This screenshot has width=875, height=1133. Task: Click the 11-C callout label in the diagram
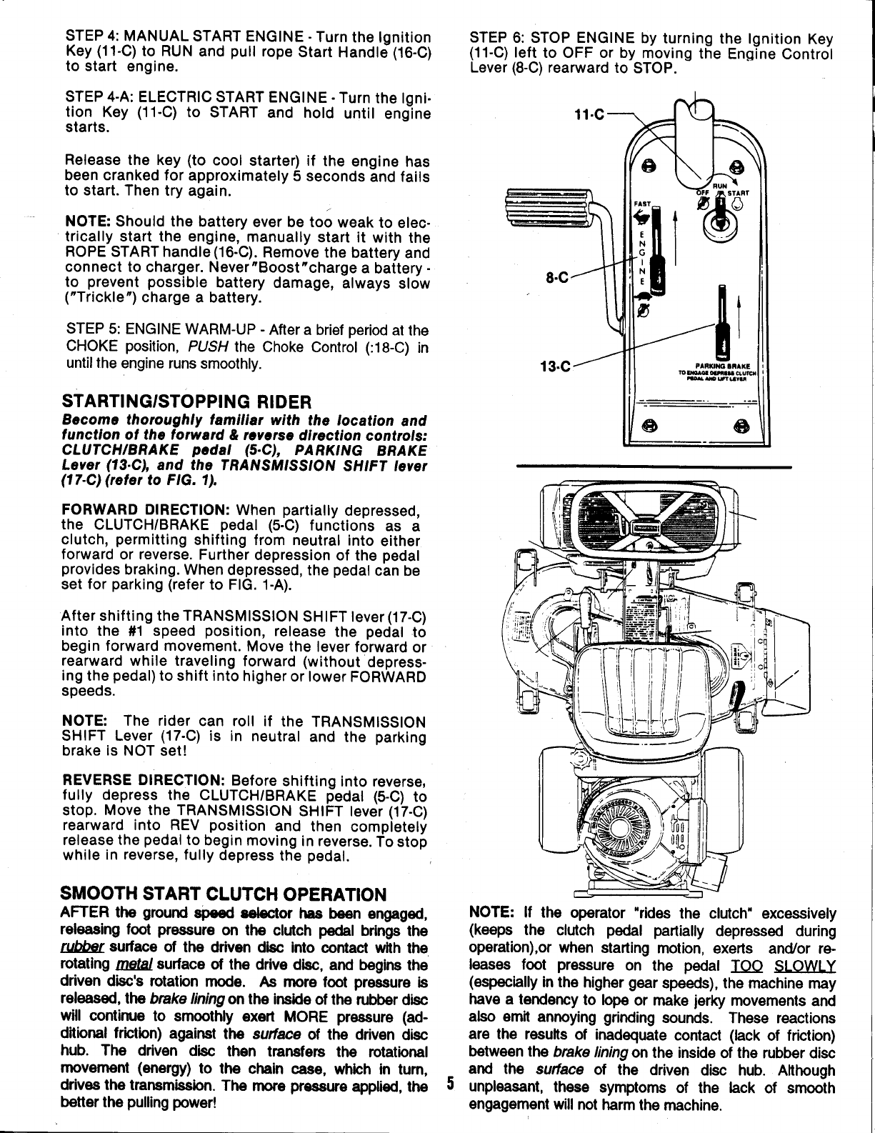(589, 114)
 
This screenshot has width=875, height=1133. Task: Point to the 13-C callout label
(557, 368)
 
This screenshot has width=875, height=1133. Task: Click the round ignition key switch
(721, 221)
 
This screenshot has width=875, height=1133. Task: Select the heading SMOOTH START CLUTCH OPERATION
(224, 894)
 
